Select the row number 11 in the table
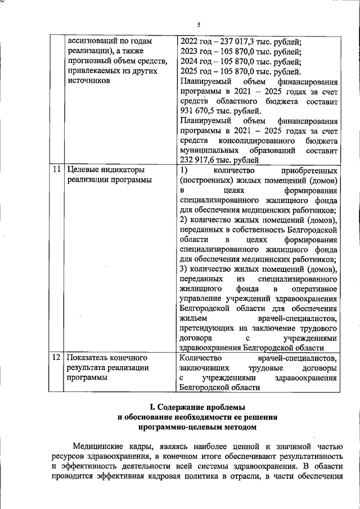pos(56,169)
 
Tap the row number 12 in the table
pos(56,358)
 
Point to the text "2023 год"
pos(196,51)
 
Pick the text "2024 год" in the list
pos(196,61)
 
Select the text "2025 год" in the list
pos(196,71)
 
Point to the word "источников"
pos(89,82)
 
